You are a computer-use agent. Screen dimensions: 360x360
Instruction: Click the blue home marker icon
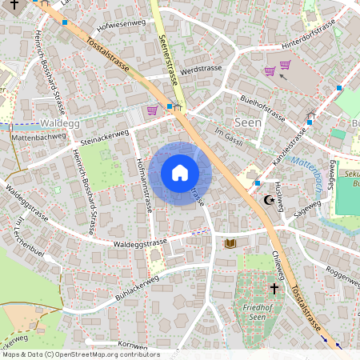tap(180, 174)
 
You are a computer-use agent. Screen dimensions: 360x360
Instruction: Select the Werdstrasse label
tap(199, 70)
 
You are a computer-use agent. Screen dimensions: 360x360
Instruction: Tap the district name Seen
tap(247, 122)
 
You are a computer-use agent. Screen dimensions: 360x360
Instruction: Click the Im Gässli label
tap(229, 138)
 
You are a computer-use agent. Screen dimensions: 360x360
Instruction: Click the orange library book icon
tap(231, 242)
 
